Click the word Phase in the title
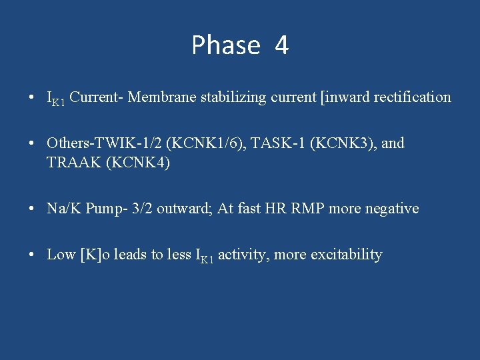coord(225,45)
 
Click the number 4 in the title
coord(281,45)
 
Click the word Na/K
coord(62,209)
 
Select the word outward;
coord(188,209)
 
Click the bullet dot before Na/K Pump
coord(32,209)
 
